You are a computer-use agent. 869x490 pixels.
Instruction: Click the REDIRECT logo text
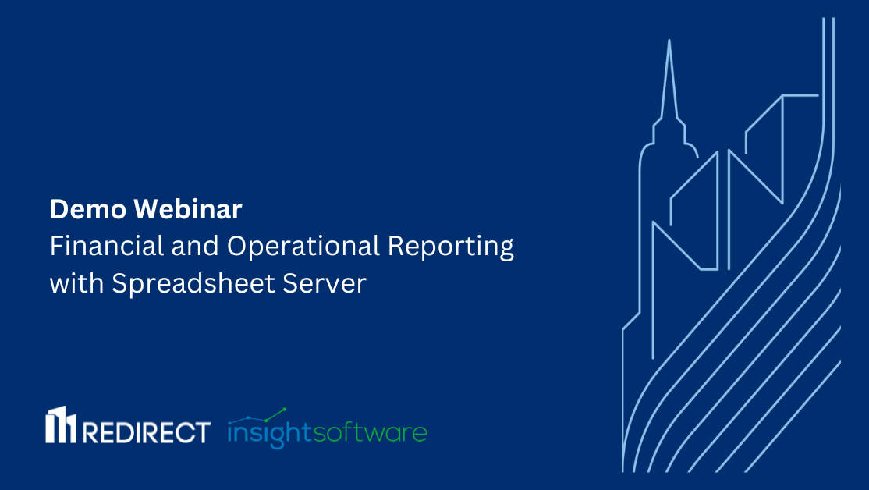pyautogui.click(x=146, y=431)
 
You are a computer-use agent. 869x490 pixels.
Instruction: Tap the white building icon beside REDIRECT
pyautogui.click(x=61, y=425)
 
